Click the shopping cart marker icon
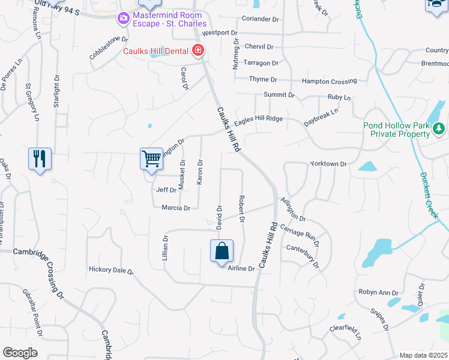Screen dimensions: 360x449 coord(152,159)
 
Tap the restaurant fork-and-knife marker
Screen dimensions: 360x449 coord(40,159)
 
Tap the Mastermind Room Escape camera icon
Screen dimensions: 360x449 coord(124,18)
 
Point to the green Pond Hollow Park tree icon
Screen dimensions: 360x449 coord(439,127)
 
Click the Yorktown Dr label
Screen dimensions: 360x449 coord(329,164)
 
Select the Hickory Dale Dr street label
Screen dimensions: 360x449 coord(111,271)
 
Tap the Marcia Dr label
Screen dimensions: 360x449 coord(176,208)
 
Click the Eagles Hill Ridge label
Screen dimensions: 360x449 coord(258,119)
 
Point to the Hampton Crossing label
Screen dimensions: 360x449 coord(329,81)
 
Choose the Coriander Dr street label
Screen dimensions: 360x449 coord(261,19)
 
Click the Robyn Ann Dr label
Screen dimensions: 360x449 coord(379,292)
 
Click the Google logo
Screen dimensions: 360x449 coord(20,353)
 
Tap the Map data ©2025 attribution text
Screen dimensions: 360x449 coord(423,355)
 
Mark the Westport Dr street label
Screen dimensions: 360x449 coord(220,33)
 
